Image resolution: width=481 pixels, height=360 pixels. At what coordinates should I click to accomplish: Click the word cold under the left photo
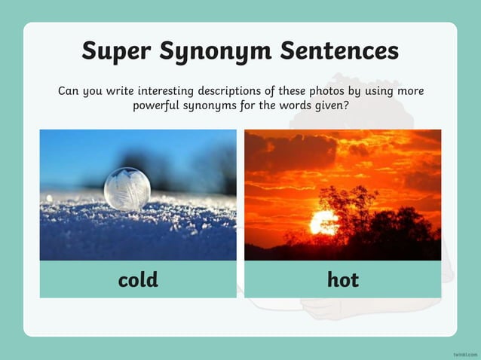coord(138,280)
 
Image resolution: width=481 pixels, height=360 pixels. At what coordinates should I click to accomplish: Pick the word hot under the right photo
coord(343,280)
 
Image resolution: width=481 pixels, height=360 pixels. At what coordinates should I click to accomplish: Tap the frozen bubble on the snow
coord(127,188)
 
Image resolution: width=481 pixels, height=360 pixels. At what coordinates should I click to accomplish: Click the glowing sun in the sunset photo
coord(324,222)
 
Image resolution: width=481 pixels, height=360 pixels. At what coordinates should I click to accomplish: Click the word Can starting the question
coord(69,92)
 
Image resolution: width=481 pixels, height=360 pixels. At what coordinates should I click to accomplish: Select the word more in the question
coord(409,92)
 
